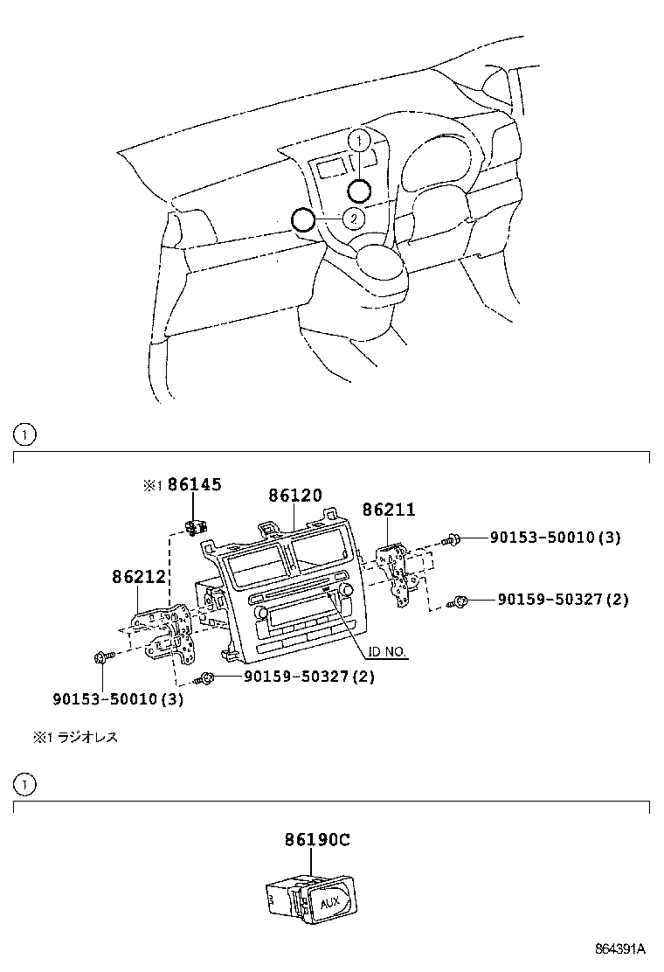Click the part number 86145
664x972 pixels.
tap(195, 483)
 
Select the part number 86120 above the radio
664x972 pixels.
tap(295, 495)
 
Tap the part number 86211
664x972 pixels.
tap(389, 509)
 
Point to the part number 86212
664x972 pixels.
tap(139, 577)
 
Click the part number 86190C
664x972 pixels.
tap(316, 840)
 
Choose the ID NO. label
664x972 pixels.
tap(387, 652)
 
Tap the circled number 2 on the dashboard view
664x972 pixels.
tap(354, 219)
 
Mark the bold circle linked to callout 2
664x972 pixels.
tap(302, 219)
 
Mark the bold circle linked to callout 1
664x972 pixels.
tap(359, 191)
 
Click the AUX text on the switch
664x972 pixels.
tap(331, 902)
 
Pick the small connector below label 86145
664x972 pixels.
tap(194, 527)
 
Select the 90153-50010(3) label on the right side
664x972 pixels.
tap(555, 538)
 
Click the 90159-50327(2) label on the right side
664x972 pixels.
tap(563, 600)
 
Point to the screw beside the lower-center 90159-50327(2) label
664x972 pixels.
tap(207, 677)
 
